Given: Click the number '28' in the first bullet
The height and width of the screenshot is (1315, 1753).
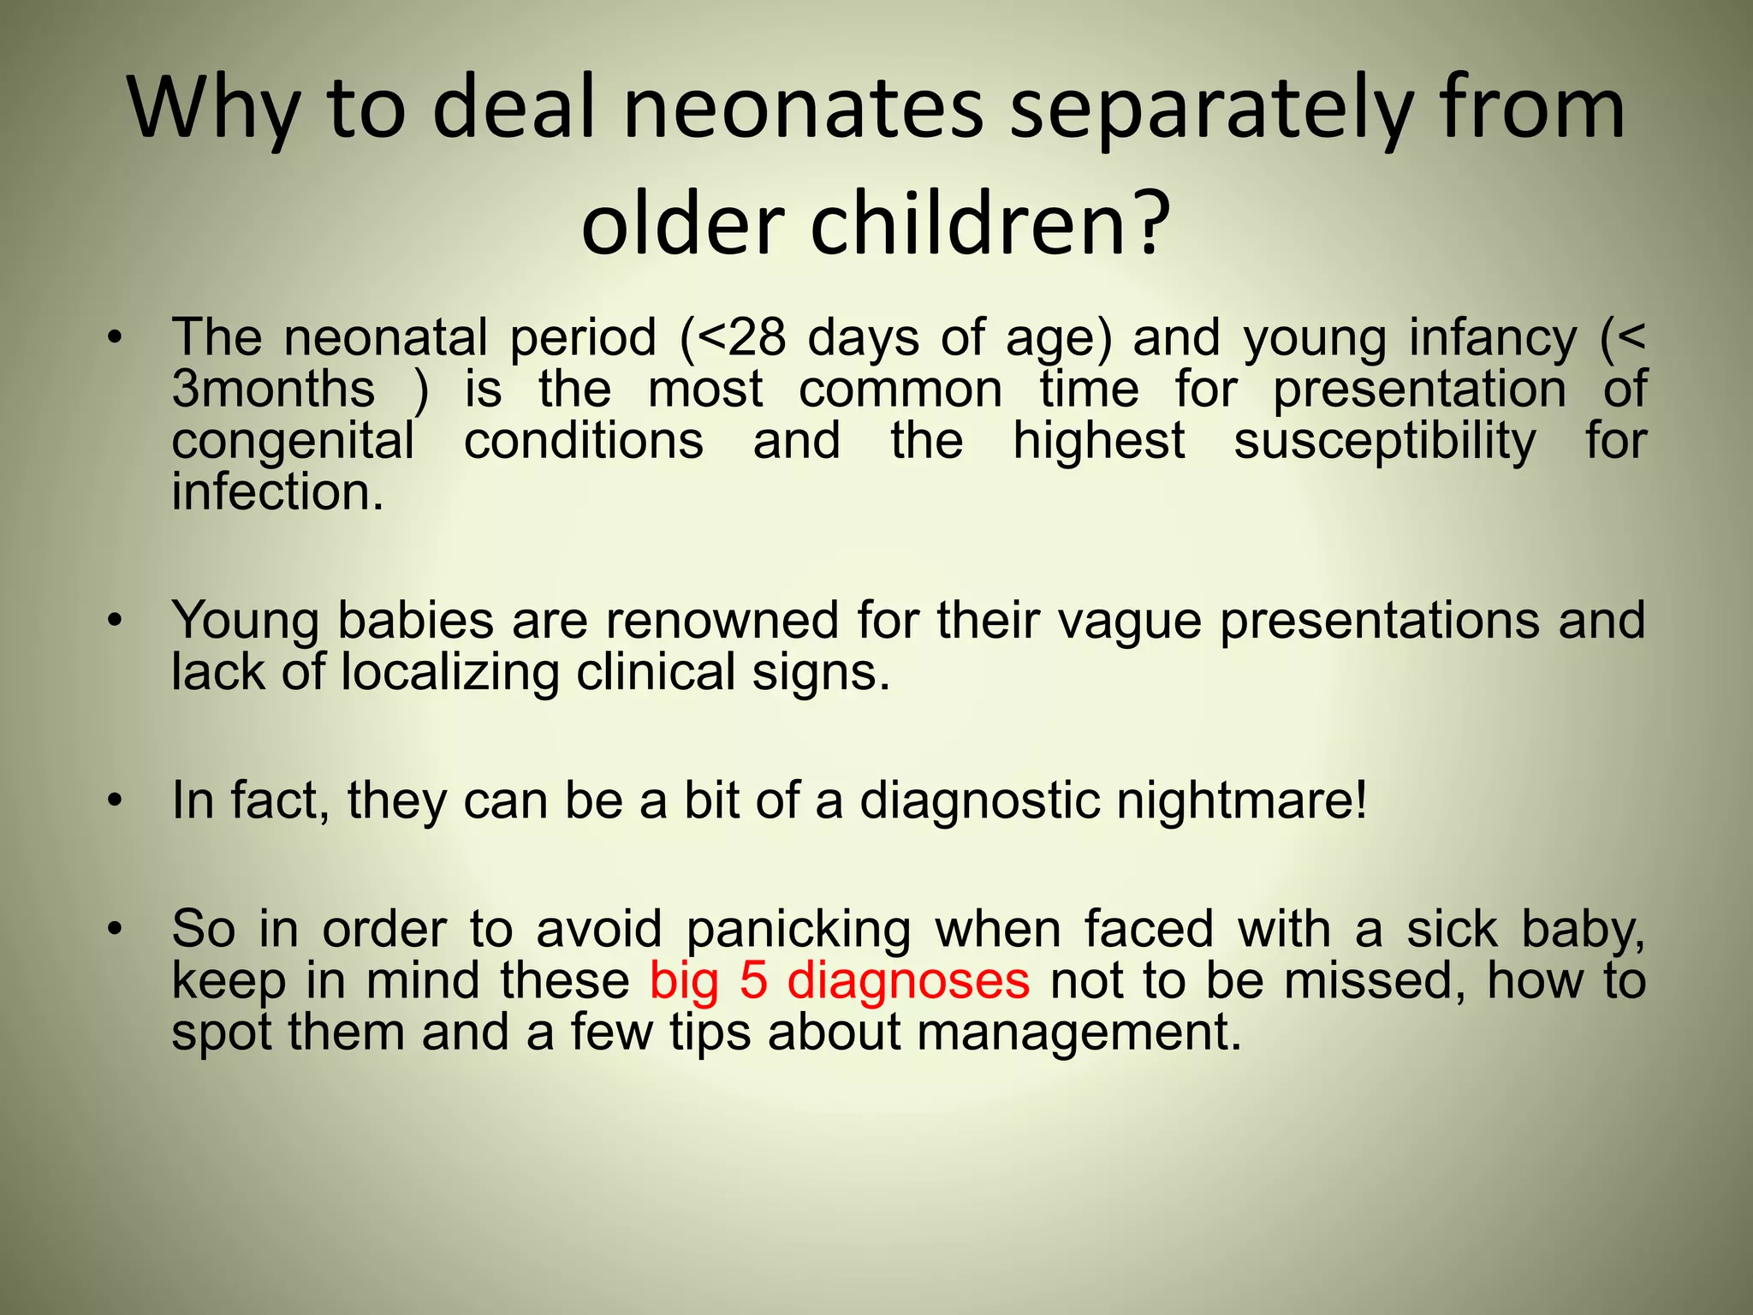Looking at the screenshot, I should point(755,337).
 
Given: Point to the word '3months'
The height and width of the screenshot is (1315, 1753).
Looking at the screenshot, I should point(273,390).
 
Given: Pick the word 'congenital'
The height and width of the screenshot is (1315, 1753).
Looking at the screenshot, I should point(293,443).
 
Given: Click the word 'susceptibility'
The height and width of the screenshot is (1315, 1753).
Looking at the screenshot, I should point(1385,443).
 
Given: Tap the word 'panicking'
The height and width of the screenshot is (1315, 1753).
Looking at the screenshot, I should point(799,931).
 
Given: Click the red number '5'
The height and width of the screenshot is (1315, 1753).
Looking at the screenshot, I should point(753,981).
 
